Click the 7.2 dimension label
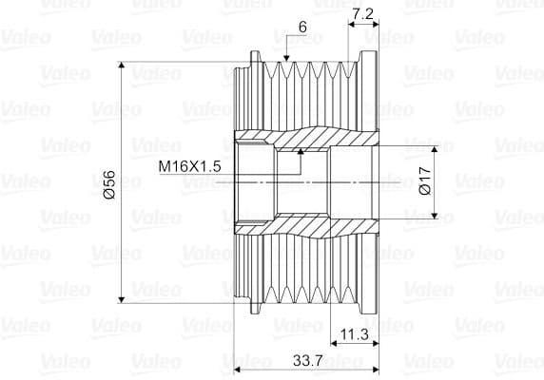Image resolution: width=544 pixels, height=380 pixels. [362, 14]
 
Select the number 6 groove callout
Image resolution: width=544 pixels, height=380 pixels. [302, 27]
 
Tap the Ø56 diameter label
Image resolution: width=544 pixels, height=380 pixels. [109, 184]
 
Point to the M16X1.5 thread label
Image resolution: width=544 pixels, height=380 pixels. [189, 166]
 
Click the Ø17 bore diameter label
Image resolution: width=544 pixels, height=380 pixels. [425, 180]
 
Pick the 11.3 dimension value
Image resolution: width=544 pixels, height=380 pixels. [354, 334]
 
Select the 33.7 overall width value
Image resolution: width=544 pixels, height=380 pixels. [308, 361]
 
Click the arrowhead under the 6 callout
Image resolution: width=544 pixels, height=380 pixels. [286, 58]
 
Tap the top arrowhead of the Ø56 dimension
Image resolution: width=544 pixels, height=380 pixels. [121, 66]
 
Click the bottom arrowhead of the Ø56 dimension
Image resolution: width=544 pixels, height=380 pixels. [121, 299]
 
